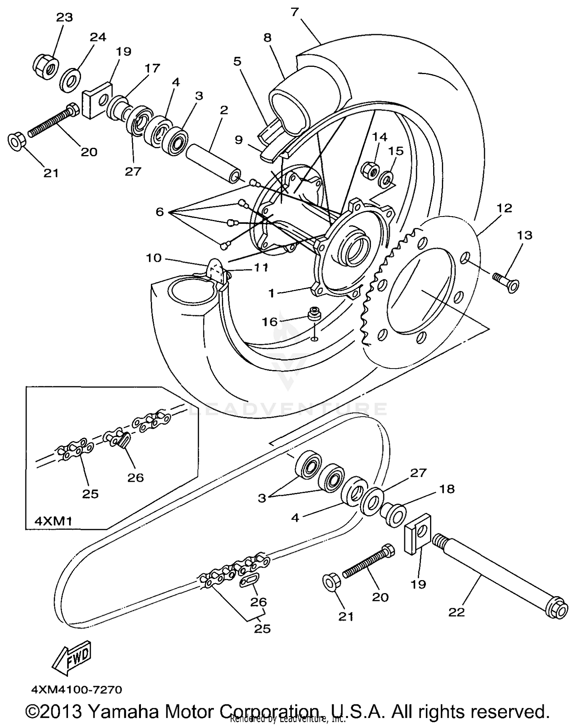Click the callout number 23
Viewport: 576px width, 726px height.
pos(64,17)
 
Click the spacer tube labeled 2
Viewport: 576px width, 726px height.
pos(213,163)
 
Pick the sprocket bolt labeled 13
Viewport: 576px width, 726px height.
pos(505,281)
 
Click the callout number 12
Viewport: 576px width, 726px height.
pos(504,208)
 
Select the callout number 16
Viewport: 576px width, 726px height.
pos(270,321)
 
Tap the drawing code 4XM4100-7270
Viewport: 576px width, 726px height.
pos(77,690)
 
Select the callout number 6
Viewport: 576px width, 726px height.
pos(159,212)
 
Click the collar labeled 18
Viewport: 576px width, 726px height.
pos(392,514)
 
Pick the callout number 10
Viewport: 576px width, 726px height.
pos(153,258)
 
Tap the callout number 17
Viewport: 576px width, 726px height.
pos(152,68)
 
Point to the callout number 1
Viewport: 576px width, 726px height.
pos(271,293)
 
